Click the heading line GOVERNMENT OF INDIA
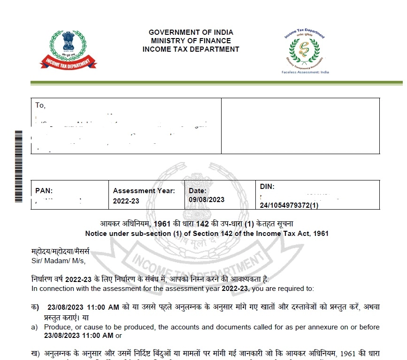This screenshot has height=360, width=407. pos(191,32)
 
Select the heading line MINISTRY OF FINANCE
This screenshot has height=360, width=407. pos(191,41)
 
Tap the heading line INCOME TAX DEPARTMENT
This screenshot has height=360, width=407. pos(191,49)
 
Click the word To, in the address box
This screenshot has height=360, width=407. pos(40,105)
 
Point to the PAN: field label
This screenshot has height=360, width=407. pos(44,191)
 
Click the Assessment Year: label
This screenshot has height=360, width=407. pos(144,191)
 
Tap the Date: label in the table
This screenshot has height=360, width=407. pos(198,191)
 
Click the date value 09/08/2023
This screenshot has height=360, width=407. pos(207,199)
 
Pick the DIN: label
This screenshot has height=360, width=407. pos(267,187)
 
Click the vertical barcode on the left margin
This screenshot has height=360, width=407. pos(18,165)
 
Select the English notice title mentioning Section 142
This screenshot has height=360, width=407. pos(207,233)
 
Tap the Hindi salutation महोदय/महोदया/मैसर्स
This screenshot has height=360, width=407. pos(60,252)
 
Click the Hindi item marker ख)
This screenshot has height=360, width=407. pos(35,353)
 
